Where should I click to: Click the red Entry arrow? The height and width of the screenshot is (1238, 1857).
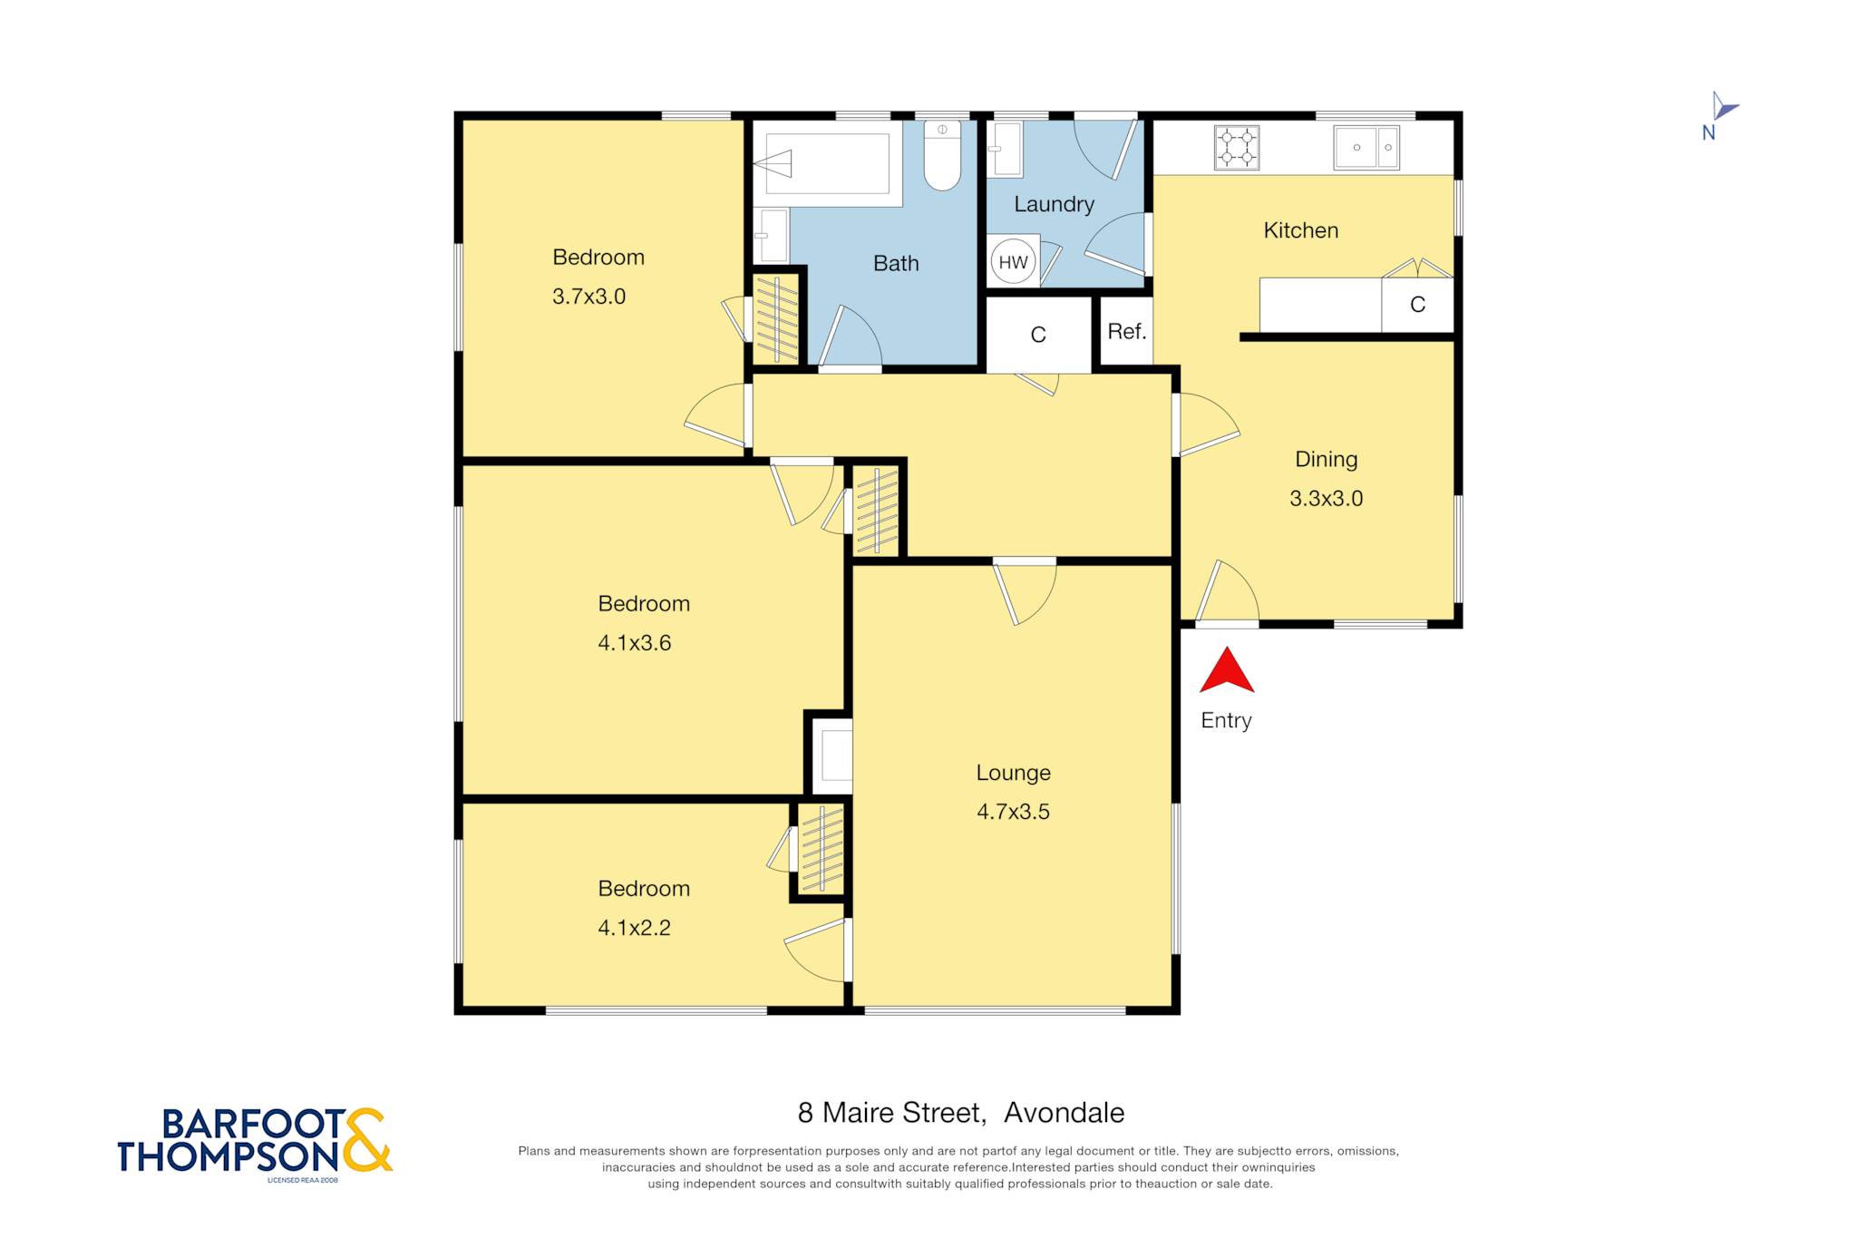(1227, 670)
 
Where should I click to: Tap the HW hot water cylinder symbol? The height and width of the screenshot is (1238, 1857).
(1013, 262)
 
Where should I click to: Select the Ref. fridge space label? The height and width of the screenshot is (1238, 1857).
(1127, 332)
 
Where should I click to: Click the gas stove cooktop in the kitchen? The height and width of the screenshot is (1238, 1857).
(1237, 148)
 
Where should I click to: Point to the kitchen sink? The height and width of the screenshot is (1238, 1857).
(1366, 148)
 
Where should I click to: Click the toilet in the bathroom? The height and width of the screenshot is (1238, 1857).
(942, 155)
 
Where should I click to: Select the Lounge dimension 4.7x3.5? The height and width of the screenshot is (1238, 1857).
(1013, 812)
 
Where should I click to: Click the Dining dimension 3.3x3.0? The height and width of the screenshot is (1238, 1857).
(1327, 499)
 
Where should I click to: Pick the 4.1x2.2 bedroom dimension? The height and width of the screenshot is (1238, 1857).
(635, 928)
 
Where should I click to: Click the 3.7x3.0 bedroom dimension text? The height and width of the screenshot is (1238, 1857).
(589, 297)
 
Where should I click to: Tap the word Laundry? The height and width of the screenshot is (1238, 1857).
(1054, 205)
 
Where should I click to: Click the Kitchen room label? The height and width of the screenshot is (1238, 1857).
(1301, 230)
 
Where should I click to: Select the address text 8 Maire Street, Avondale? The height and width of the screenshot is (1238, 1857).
(961, 1113)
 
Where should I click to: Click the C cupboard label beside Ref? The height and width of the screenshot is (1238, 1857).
(1038, 336)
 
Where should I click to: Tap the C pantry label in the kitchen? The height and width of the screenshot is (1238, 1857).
(1418, 305)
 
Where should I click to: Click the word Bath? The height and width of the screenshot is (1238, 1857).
(896, 264)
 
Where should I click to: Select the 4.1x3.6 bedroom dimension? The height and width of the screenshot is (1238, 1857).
(635, 643)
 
